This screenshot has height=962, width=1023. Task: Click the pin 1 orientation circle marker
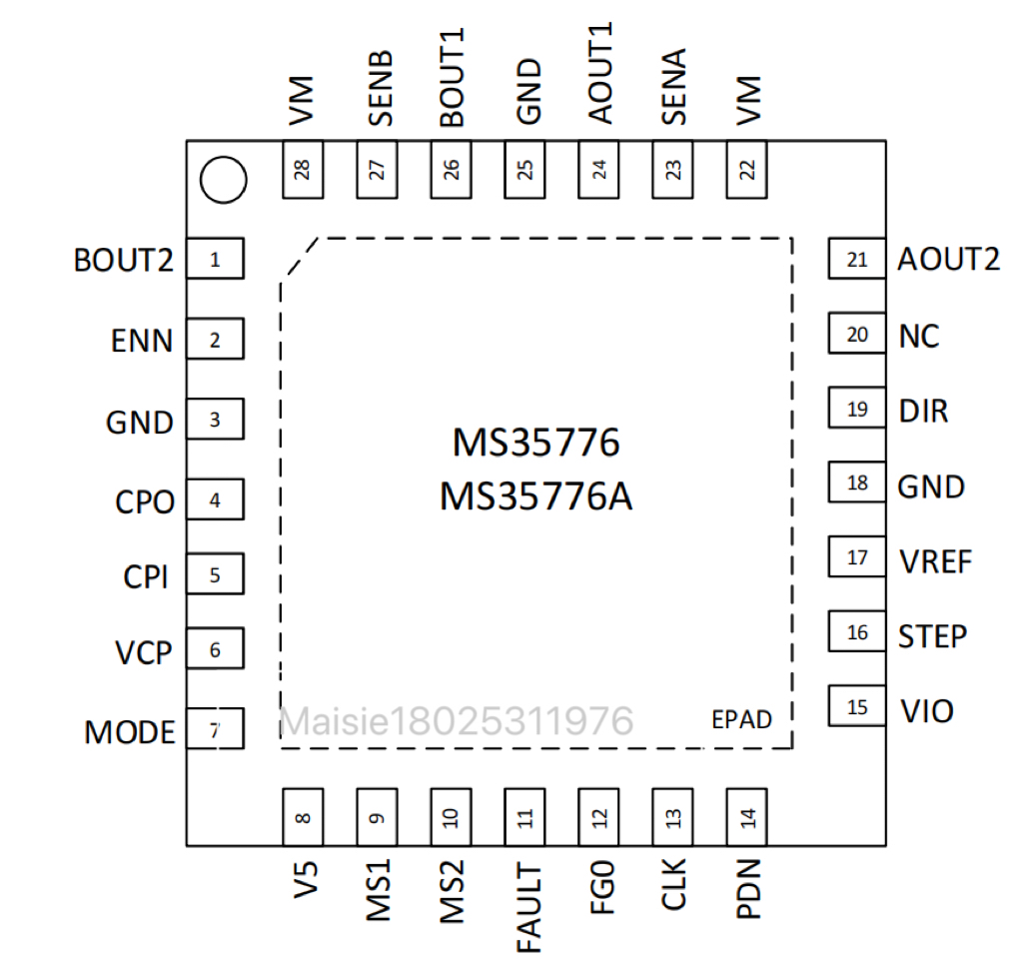coord(223,180)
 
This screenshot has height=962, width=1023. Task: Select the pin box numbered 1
coord(216,259)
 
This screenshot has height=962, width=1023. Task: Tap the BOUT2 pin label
coord(123,260)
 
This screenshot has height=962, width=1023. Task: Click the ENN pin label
coord(142,341)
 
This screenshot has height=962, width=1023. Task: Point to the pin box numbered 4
coord(216,499)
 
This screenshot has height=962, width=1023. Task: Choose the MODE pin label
coord(130,732)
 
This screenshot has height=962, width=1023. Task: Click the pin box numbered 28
coord(303,170)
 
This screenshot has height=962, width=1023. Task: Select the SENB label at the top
coord(381,88)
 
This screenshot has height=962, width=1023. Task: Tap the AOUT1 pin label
coord(600,73)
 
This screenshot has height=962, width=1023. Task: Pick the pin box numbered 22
coord(746,170)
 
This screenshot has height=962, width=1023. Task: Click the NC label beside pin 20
coord(919,337)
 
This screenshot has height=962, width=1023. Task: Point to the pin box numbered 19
coord(857,408)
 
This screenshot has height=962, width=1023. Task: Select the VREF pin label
coord(935,561)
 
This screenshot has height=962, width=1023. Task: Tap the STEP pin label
coord(932,636)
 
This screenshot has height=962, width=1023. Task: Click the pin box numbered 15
coord(857,705)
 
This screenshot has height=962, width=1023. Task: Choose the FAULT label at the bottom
coord(528,908)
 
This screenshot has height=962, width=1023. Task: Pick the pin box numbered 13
coord(672,817)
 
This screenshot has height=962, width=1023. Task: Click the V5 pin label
coord(306,879)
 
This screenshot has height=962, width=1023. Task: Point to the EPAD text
coord(742,719)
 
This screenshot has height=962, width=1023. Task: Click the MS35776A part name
coord(535,496)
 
